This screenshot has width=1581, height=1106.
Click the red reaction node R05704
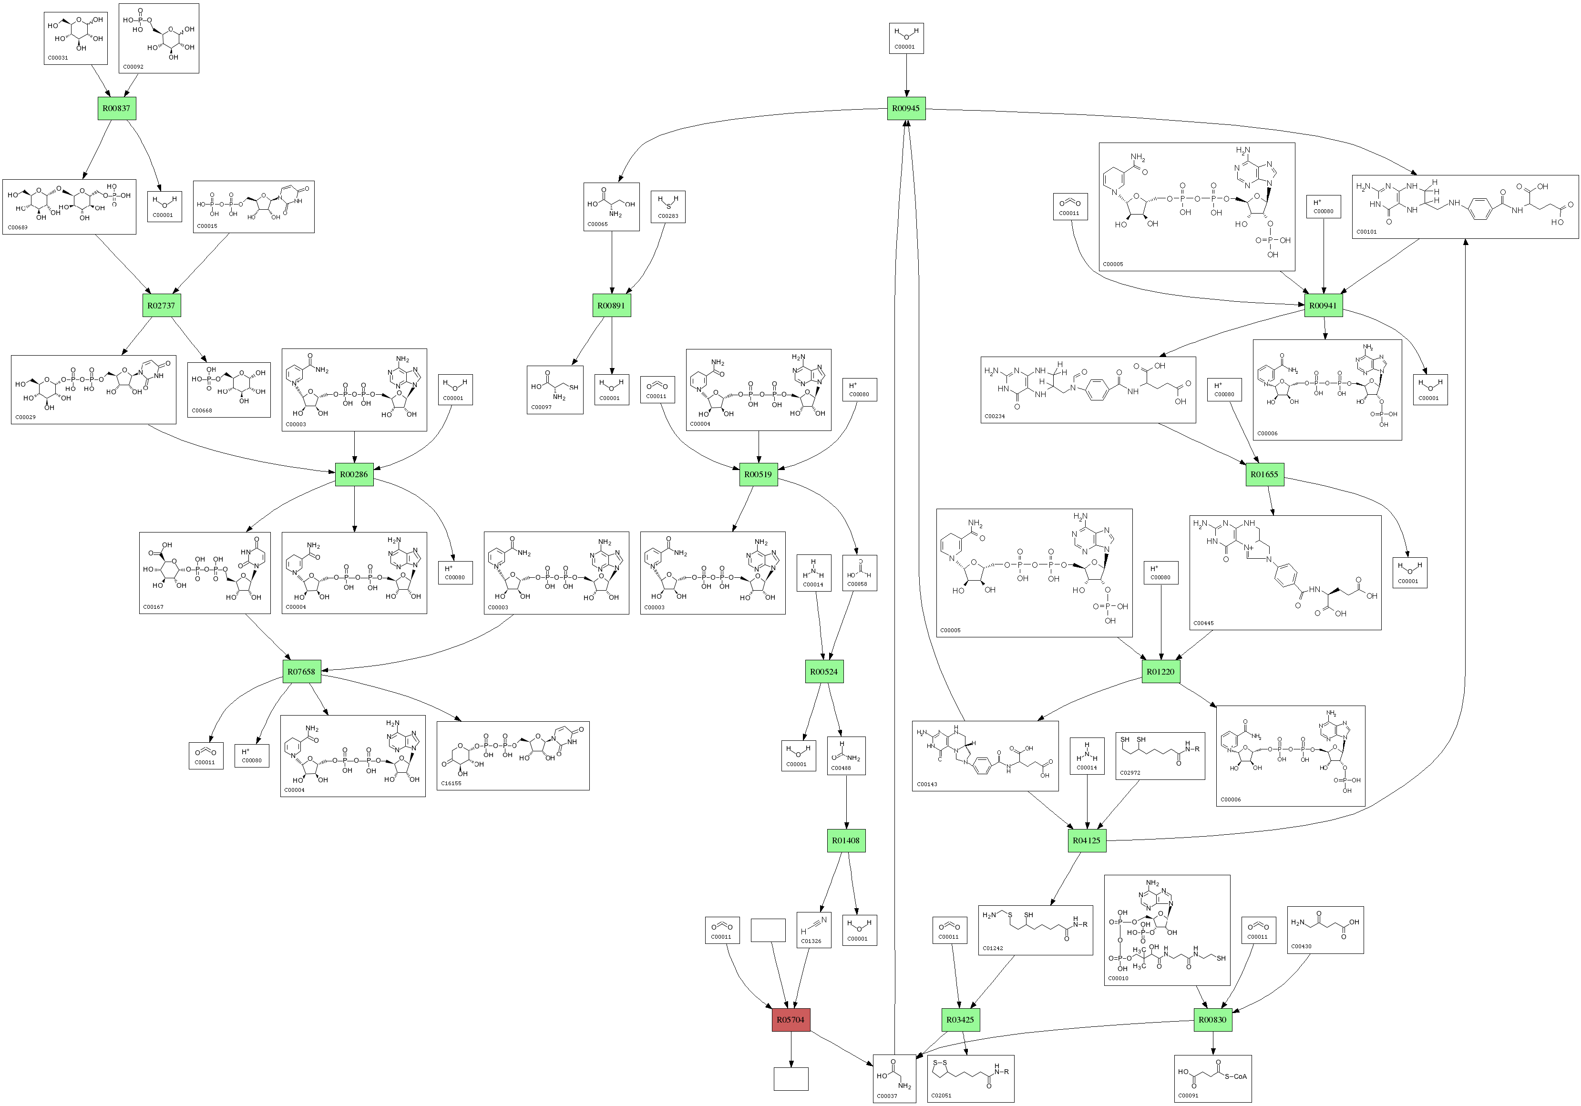(790, 1020)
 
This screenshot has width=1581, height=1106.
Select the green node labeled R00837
(116, 108)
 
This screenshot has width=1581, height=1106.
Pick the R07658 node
(302, 671)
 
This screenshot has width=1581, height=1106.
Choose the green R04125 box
(1087, 840)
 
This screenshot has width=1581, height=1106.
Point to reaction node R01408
(846, 840)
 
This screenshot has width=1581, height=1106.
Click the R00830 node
(1212, 1020)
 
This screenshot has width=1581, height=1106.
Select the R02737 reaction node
(161, 305)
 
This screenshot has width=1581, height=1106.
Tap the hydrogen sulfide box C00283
(668, 206)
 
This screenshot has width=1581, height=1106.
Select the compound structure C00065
(611, 206)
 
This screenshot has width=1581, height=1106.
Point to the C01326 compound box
(814, 930)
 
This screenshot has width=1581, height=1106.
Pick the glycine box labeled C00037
(894, 1078)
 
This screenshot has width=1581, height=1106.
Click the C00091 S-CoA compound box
(1212, 1078)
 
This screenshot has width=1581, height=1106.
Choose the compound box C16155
(513, 756)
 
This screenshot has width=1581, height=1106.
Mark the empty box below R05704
(790, 1078)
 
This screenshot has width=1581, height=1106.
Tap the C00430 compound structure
(1325, 930)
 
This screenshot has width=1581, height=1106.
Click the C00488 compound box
(847, 756)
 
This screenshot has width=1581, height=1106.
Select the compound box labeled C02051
(970, 1078)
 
